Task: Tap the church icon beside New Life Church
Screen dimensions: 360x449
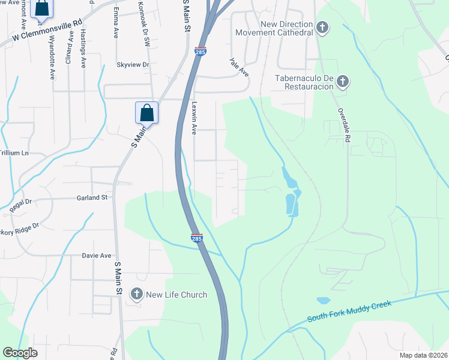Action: click(x=137, y=294)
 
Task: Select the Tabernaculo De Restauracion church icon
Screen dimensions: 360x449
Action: click(x=342, y=82)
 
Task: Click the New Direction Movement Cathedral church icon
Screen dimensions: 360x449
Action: click(x=322, y=27)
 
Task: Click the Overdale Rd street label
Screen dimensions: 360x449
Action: click(x=343, y=125)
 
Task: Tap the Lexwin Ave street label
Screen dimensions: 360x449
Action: click(x=194, y=118)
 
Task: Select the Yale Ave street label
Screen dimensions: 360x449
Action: click(x=239, y=67)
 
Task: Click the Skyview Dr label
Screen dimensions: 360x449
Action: click(x=133, y=64)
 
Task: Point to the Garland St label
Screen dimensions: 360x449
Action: click(x=92, y=197)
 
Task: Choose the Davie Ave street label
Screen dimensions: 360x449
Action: click(x=97, y=256)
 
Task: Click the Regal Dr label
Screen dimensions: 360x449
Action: click(x=20, y=204)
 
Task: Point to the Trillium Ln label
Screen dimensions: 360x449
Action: click(x=14, y=153)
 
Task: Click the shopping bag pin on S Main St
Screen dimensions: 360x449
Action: click(x=147, y=112)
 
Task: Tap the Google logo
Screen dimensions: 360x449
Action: click(x=20, y=353)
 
